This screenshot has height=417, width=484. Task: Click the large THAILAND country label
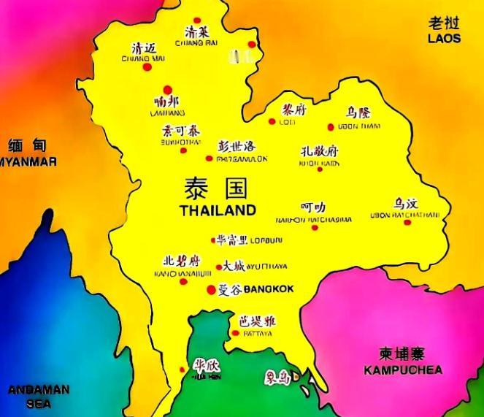(218, 210)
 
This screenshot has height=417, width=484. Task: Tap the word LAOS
(445, 38)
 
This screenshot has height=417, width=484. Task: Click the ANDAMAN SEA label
(39, 397)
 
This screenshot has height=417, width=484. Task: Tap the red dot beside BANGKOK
(212, 289)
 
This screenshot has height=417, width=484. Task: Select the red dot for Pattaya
(235, 333)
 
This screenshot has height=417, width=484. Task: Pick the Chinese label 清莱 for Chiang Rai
(197, 32)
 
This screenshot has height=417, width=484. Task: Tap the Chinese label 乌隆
(358, 112)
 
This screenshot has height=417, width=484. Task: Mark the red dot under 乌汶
(407, 222)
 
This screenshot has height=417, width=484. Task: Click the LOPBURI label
(266, 240)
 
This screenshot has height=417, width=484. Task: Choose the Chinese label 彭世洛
(237, 146)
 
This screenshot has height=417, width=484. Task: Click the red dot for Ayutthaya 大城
(218, 267)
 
